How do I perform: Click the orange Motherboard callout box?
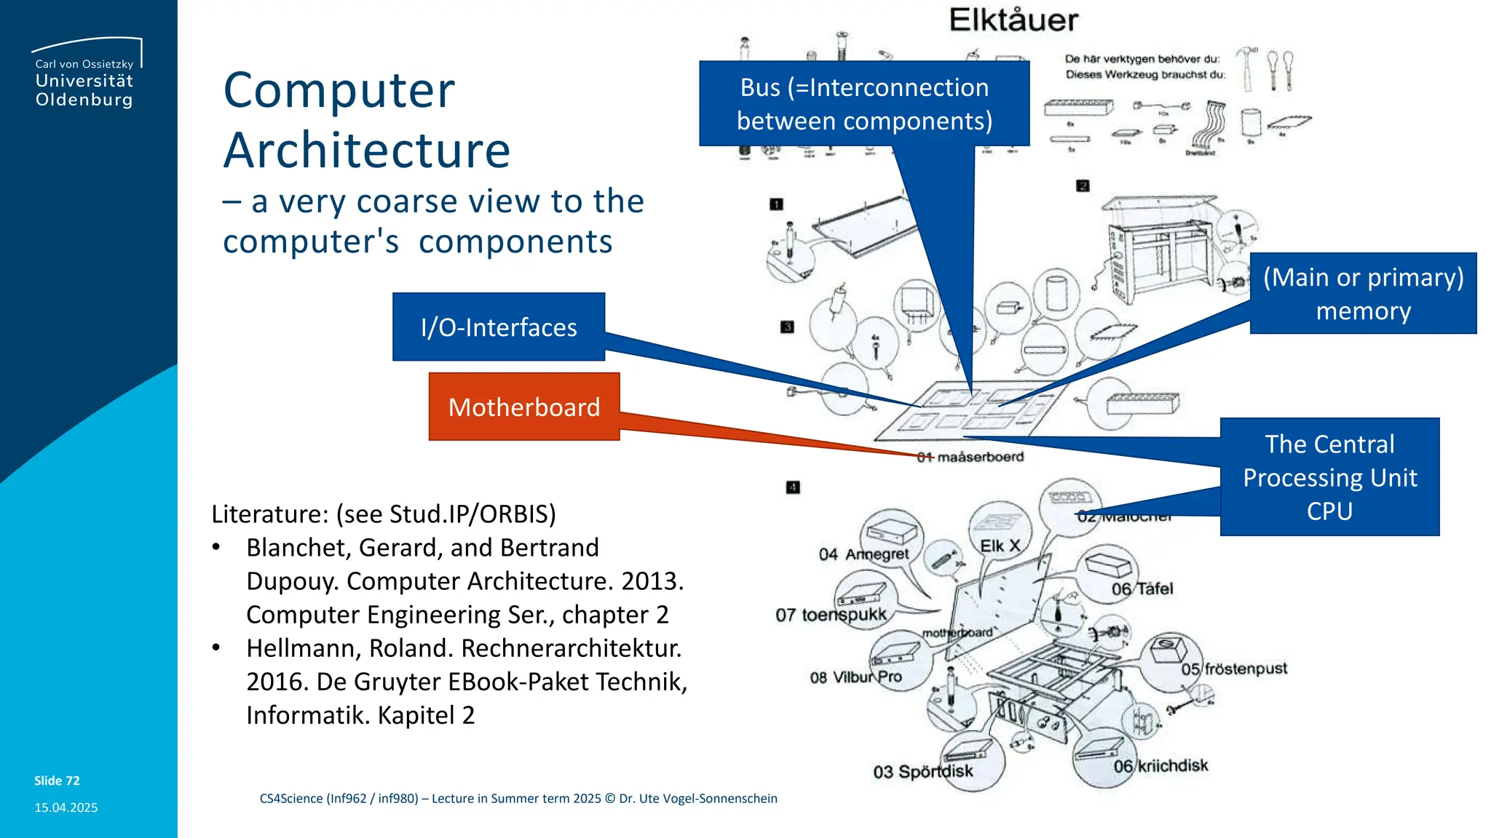click(524, 407)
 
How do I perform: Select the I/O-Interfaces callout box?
click(499, 327)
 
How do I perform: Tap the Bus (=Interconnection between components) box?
click(864, 103)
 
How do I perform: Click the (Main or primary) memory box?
click(1363, 293)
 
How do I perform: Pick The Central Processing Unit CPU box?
click(1329, 477)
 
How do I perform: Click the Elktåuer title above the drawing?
click(1013, 20)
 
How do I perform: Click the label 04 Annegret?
click(863, 554)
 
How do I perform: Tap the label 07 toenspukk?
click(831, 615)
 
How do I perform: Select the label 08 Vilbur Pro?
click(855, 677)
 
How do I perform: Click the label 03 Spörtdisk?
click(922, 772)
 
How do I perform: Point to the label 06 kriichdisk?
click(1160, 766)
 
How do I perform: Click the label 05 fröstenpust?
click(1234, 669)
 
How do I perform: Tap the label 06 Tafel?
click(1142, 589)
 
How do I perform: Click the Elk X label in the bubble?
click(1000, 546)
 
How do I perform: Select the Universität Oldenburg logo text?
click(84, 89)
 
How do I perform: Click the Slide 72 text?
click(57, 781)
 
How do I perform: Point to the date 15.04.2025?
click(66, 807)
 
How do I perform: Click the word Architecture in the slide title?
click(367, 151)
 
